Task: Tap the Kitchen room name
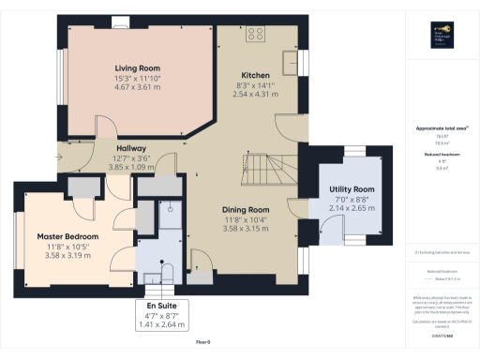[255, 75]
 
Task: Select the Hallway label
[131, 148]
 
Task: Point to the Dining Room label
[246, 210]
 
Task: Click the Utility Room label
[352, 189]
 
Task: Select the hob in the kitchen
[256, 36]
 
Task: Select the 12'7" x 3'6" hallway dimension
[131, 158]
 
